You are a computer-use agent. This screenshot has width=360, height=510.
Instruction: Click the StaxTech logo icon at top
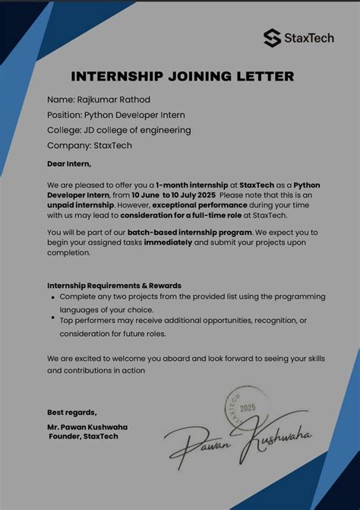272,37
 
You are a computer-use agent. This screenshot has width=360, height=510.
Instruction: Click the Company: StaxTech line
90,145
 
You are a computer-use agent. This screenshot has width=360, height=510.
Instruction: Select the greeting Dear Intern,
69,163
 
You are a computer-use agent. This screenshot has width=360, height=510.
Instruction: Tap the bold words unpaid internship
81,205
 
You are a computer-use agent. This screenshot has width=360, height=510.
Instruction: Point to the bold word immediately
168,242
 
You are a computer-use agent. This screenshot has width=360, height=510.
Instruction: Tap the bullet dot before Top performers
52,319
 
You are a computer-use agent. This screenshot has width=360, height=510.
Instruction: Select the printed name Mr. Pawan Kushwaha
87,427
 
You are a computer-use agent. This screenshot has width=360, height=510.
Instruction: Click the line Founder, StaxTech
84,436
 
